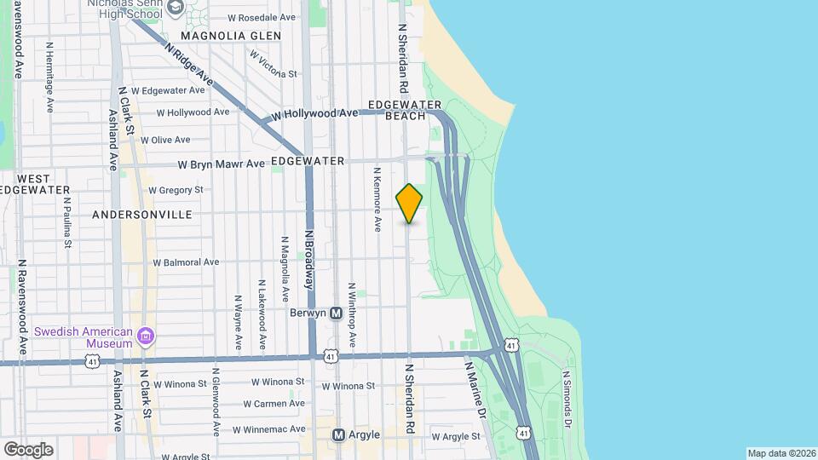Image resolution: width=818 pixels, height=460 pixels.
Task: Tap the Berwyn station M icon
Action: pos(337,313)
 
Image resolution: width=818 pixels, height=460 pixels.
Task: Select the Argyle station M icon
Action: pos(338,435)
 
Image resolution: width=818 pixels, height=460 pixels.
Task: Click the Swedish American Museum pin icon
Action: pos(147,336)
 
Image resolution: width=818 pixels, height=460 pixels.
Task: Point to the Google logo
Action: pos(28,449)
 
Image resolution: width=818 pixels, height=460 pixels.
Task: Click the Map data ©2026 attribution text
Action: pos(781,453)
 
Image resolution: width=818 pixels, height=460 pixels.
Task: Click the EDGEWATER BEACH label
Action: pos(398,110)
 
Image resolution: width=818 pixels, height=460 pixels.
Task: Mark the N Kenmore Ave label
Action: pos(376,200)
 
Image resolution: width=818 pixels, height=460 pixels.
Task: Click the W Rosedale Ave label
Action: pos(263,17)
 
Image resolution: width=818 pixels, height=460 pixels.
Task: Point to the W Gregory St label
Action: pos(176,190)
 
